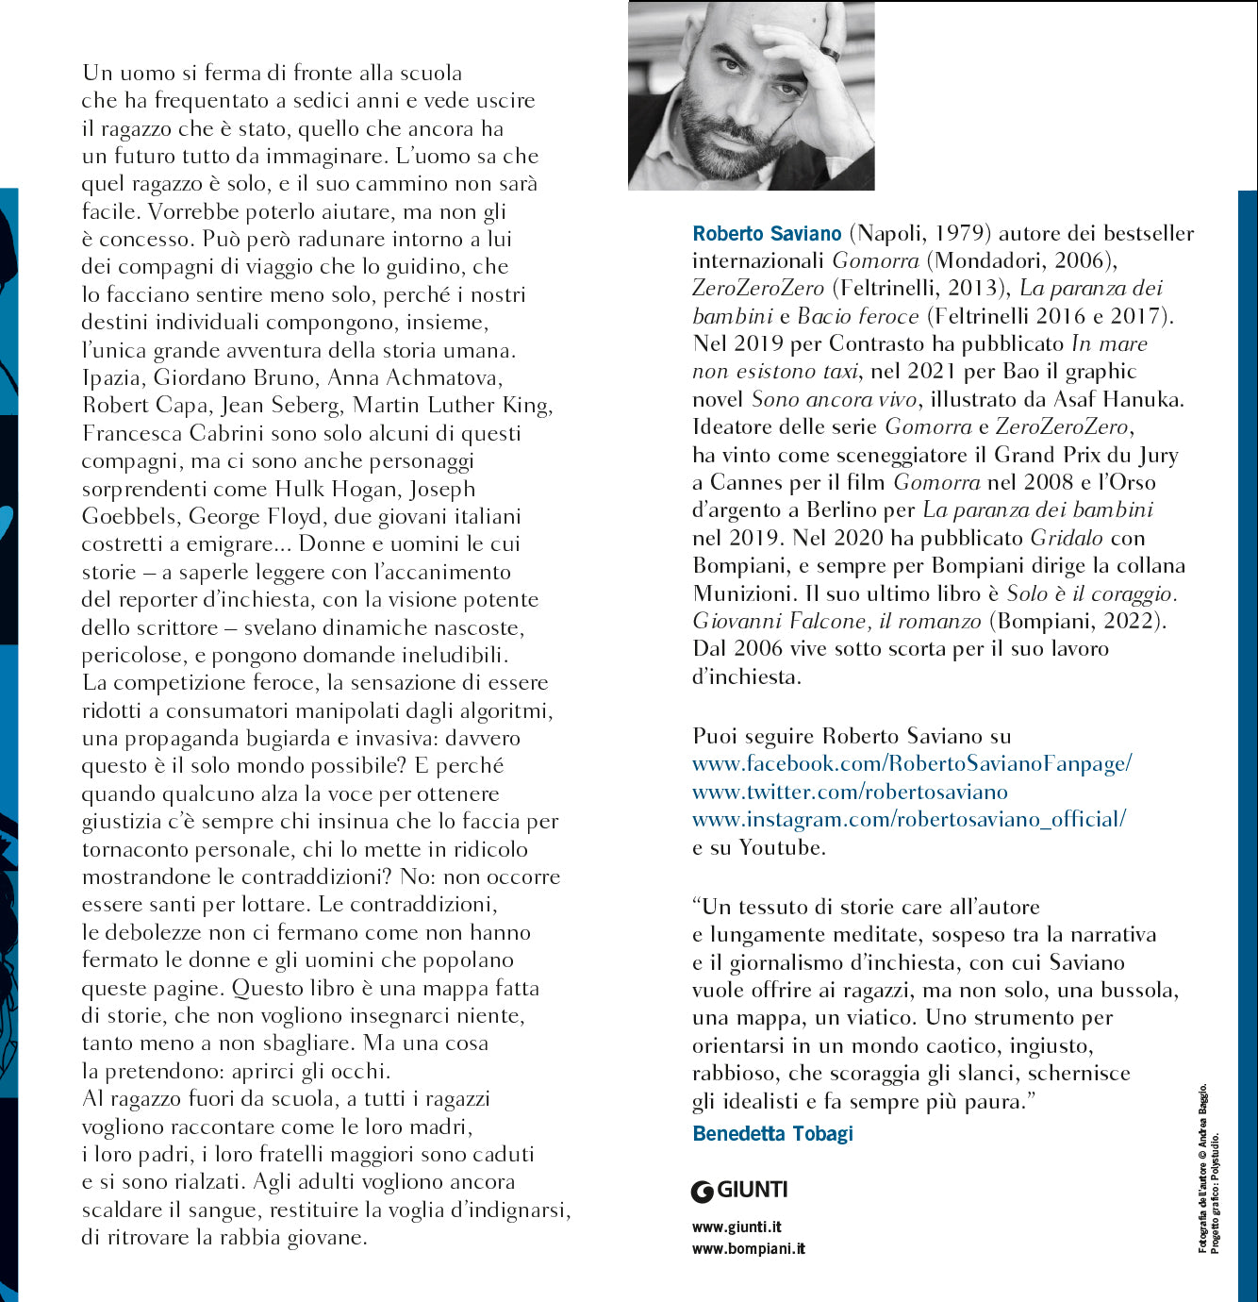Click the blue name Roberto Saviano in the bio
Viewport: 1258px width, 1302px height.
767,233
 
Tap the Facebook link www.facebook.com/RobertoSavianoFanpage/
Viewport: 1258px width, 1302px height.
911,763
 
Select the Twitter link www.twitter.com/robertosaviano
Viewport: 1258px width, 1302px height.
850,792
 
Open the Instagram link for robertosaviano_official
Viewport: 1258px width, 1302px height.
909,819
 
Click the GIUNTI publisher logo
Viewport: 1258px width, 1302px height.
739,1191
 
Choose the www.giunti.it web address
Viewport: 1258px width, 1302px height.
737,1227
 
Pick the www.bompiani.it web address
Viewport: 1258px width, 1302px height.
749,1249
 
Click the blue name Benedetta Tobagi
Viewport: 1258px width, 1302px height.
772,1133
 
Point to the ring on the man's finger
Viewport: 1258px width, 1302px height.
829,53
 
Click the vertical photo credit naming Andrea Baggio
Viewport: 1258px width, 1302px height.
1202,1170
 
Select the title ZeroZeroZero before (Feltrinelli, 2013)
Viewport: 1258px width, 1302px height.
758,288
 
